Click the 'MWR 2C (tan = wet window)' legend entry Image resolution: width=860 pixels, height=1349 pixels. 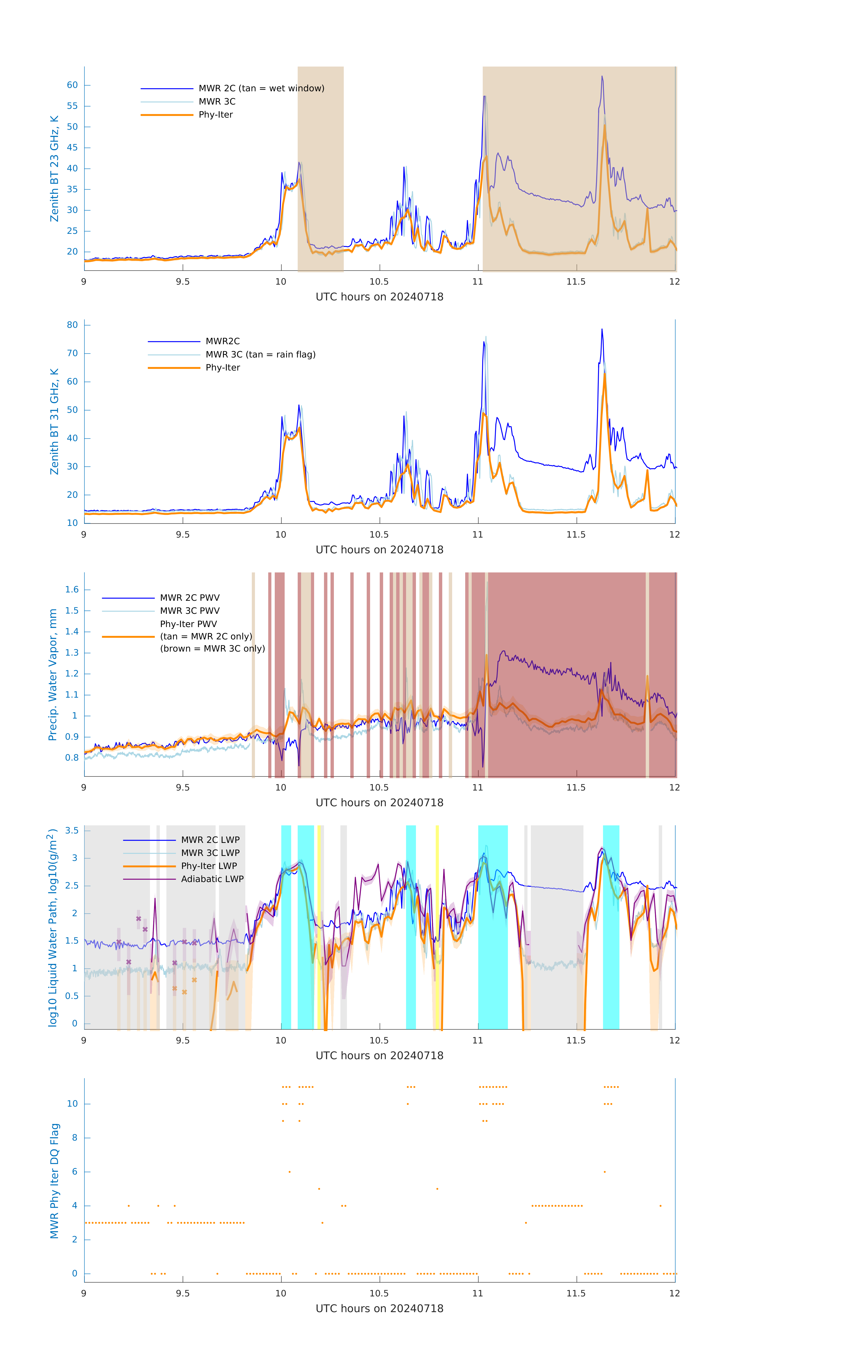261,89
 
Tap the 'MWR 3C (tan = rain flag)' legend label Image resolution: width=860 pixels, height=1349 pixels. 261,355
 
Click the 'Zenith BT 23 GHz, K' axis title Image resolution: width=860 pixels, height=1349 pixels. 54,169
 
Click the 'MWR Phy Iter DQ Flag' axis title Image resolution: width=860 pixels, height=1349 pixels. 54,1181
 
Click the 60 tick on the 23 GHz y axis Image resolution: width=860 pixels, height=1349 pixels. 72,85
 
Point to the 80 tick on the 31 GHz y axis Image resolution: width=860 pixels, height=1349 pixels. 72,325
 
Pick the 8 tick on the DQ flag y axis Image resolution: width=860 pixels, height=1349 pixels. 74,1138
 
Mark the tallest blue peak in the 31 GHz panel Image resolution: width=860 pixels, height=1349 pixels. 602,329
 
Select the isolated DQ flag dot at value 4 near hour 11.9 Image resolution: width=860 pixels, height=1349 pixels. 661,1206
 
